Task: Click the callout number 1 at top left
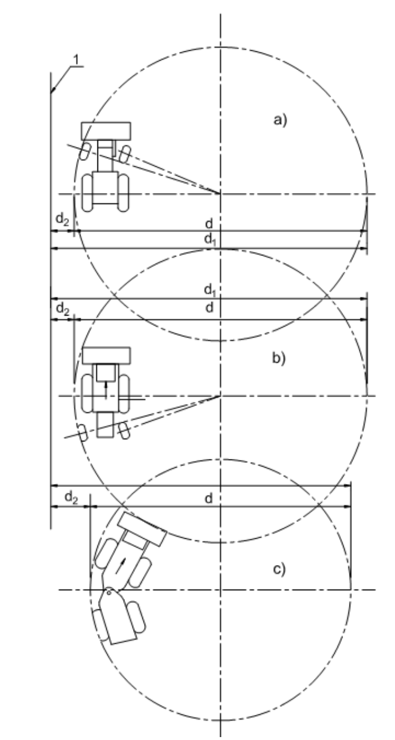pyautogui.click(x=76, y=60)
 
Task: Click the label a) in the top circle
pyautogui.click(x=280, y=120)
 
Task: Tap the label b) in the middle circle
pyautogui.click(x=279, y=358)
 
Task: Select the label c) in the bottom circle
pyautogui.click(x=279, y=569)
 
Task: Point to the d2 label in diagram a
pyautogui.click(x=62, y=219)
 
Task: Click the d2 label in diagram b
pyautogui.click(x=63, y=309)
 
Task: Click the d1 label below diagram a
pyautogui.click(x=210, y=239)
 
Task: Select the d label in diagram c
pyautogui.click(x=208, y=499)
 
